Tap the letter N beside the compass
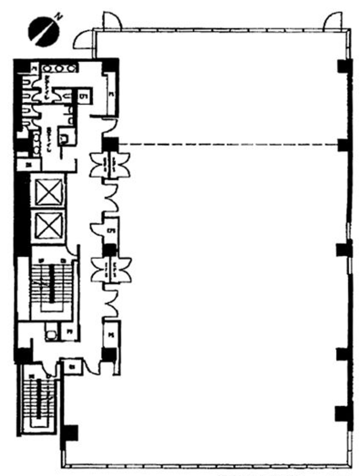(59, 16)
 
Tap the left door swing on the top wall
(110, 19)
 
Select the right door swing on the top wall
(333, 21)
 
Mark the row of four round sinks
(60, 68)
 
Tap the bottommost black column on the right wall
(343, 414)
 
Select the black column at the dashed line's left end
(110, 145)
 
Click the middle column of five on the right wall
(344, 250)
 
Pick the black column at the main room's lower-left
(70, 433)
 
